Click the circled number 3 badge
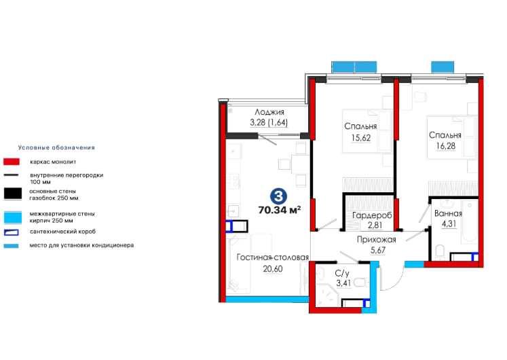(278, 196)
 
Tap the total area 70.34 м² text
(280, 210)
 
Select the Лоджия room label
(269, 112)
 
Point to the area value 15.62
(361, 138)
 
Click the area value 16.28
(445, 146)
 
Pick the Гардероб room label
(372, 215)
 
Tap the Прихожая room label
(377, 240)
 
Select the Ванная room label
(448, 213)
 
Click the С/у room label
(342, 274)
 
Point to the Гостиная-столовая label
(273, 257)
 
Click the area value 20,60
(273, 269)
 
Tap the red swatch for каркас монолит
(12, 162)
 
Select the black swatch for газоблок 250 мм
(13, 194)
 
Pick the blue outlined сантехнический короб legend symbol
(12, 232)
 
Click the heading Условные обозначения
(56, 147)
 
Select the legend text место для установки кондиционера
(81, 245)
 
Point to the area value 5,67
(377, 251)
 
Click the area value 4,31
(449, 224)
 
